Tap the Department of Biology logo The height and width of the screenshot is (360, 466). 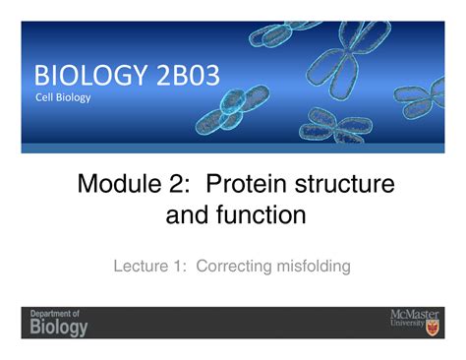59,322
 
